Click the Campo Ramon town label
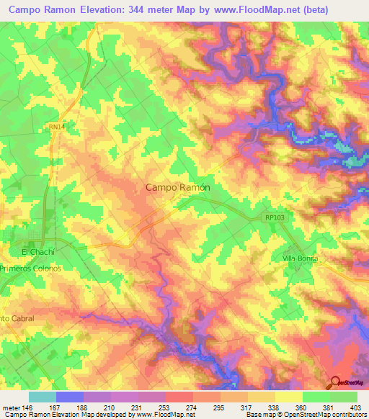click(x=178, y=187)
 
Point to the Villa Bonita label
click(x=299, y=258)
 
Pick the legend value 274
click(x=192, y=407)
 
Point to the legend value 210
click(x=110, y=407)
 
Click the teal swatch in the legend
click(x=43, y=397)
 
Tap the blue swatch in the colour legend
click(x=70, y=397)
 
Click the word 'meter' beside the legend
click(x=11, y=407)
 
